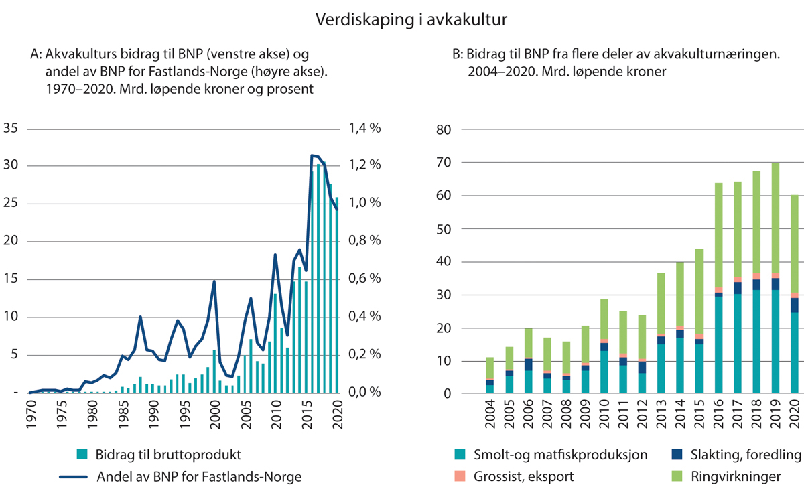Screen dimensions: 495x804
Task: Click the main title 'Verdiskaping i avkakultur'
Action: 411,21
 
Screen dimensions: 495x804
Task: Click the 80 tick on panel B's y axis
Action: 445,130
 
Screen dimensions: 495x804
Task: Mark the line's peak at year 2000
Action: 214,281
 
